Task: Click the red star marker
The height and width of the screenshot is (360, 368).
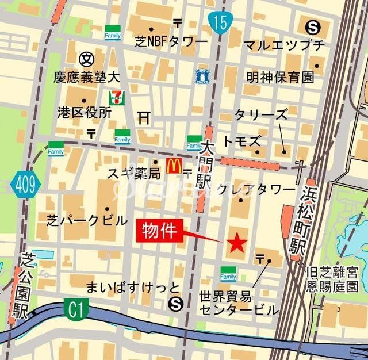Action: (236, 243)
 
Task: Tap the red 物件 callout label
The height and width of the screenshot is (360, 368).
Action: (160, 232)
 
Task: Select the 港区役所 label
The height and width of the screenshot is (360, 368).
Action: (84, 112)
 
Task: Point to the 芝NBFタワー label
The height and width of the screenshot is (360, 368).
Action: (171, 43)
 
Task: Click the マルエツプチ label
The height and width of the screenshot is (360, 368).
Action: (284, 45)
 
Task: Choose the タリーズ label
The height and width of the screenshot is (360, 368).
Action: (260, 114)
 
